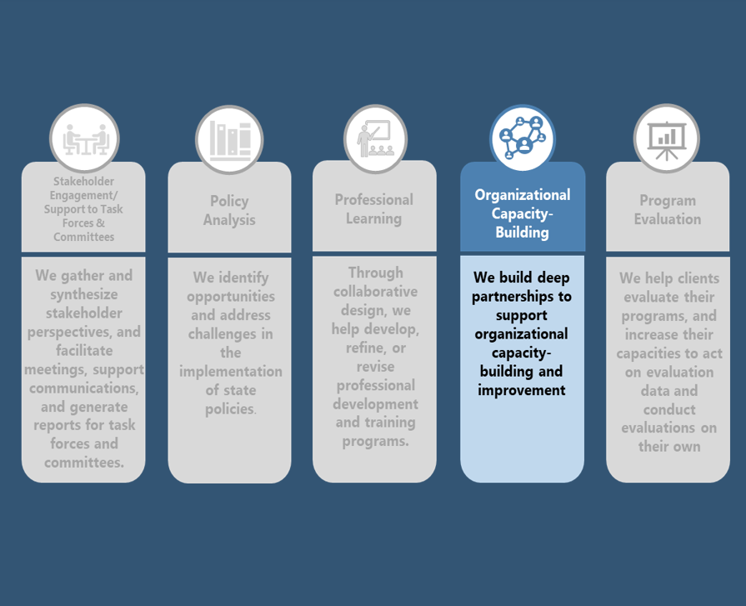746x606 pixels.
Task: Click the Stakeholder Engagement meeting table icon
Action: pyautogui.click(x=83, y=138)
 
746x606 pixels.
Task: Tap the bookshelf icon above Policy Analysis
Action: pyautogui.click(x=229, y=139)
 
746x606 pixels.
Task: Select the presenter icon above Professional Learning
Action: pyautogui.click(x=374, y=138)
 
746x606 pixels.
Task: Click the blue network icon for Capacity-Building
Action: pyautogui.click(x=522, y=138)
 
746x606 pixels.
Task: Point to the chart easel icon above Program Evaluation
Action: pyautogui.click(x=667, y=138)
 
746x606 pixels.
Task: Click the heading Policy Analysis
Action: pyautogui.click(x=229, y=211)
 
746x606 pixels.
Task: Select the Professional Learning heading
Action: pyautogui.click(x=374, y=209)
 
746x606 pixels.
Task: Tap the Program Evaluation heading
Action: pyautogui.click(x=667, y=210)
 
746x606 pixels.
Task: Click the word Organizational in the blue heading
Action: pyautogui.click(x=523, y=195)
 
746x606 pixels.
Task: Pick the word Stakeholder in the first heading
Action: pyautogui.click(x=84, y=182)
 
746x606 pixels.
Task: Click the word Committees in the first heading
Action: pyautogui.click(x=84, y=238)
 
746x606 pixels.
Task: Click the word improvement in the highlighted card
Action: pyautogui.click(x=522, y=390)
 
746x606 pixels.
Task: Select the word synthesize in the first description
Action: pyautogui.click(x=83, y=295)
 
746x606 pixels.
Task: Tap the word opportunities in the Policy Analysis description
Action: pyautogui.click(x=229, y=297)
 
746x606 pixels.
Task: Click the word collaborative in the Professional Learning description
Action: pyautogui.click(x=374, y=292)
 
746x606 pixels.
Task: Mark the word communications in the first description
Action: pyautogui.click(x=83, y=388)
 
